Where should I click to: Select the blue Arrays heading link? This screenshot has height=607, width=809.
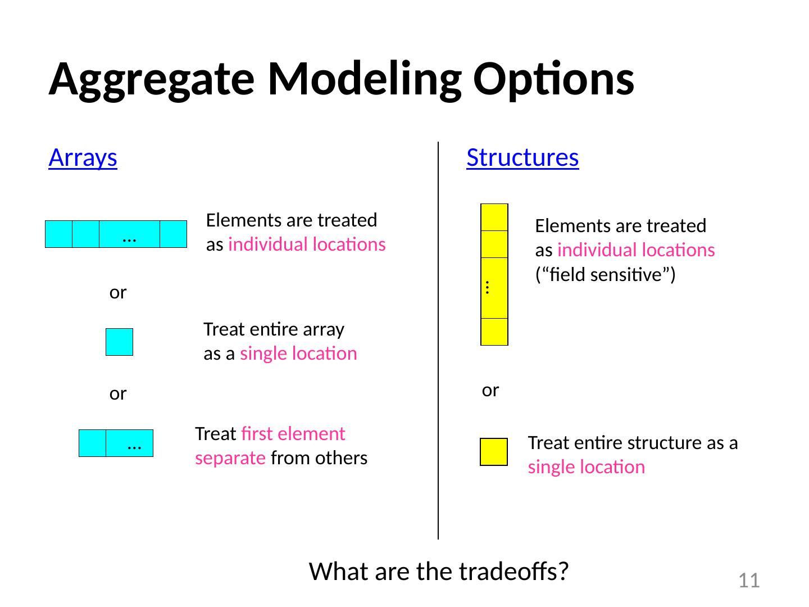coord(83,158)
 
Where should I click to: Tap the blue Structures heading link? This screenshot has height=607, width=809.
coord(522,158)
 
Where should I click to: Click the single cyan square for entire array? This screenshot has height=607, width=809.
coord(120,342)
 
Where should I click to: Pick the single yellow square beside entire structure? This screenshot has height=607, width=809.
coord(494,452)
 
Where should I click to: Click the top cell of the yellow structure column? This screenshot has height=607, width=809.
coord(494,218)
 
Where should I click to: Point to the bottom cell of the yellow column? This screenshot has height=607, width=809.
coord(494,332)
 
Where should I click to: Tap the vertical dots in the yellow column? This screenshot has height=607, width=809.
coord(487,287)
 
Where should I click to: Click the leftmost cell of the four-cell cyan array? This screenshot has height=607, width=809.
coord(58,234)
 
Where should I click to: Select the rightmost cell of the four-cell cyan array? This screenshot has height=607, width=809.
coord(173,234)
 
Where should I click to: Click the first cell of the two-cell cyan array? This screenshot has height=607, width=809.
coord(93,443)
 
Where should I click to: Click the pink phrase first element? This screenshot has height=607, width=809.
coord(293,434)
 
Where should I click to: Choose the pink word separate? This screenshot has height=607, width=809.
coord(230,459)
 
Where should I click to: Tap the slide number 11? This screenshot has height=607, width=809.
coord(749,581)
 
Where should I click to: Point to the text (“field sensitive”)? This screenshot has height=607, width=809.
coord(605,275)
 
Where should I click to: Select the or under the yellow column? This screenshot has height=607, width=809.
coord(490,391)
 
